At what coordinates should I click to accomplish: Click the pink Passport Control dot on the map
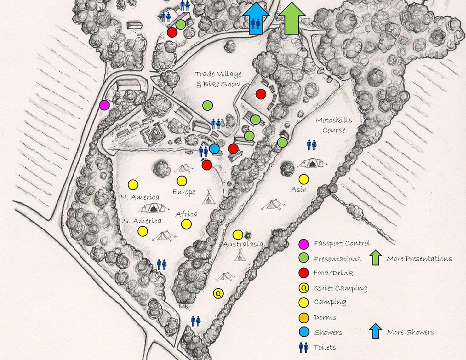104,105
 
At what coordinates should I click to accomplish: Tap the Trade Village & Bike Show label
217,79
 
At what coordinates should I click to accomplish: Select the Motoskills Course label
334,125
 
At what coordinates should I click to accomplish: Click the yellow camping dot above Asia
304,179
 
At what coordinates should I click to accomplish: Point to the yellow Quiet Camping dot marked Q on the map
218,293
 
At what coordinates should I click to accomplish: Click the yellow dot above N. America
133,185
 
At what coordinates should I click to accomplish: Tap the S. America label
142,221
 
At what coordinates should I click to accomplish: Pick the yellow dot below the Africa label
186,224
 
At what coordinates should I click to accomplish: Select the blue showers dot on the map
214,149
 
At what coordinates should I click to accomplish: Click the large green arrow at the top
291,18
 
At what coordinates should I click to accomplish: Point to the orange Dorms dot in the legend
303,318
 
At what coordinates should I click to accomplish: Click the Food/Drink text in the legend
333,273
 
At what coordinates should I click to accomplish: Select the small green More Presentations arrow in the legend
375,258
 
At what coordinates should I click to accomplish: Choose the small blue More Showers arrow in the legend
375,331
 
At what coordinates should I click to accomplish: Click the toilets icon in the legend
303,347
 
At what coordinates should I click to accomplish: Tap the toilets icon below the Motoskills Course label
312,145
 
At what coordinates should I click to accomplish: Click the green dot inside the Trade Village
208,106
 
